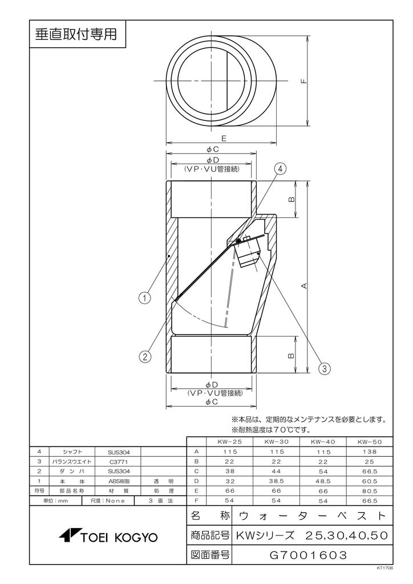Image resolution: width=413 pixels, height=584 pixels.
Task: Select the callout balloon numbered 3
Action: (x=325, y=368)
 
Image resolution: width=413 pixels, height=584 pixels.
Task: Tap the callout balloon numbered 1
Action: (x=145, y=297)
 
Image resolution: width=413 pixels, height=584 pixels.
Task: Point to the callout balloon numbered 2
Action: (x=145, y=357)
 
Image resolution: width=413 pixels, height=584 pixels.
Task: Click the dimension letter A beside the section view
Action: (x=304, y=285)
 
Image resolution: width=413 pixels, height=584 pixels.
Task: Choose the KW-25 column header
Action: (x=229, y=441)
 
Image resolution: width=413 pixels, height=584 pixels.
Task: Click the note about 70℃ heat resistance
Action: (x=270, y=429)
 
